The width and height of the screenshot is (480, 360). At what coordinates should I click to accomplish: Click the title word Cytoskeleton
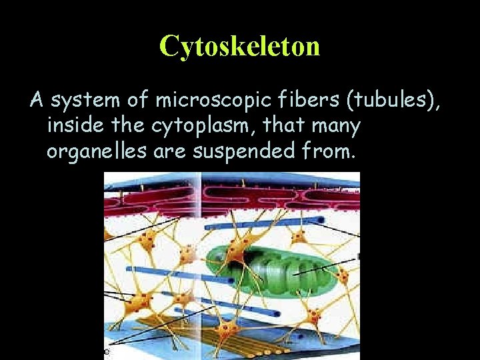click(x=240, y=45)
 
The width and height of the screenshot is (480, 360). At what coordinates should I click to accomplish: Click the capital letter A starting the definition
click(x=36, y=101)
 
